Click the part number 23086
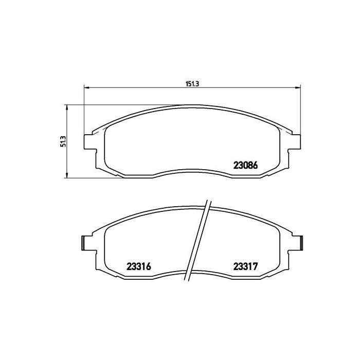[x=245, y=165]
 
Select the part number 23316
[x=139, y=266]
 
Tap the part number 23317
[x=246, y=266]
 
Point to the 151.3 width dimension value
[x=192, y=84]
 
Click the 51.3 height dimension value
[x=63, y=141]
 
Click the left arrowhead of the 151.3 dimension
[x=86, y=87]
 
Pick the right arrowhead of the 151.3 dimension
[x=298, y=87]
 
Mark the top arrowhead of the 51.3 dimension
[x=67, y=107]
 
